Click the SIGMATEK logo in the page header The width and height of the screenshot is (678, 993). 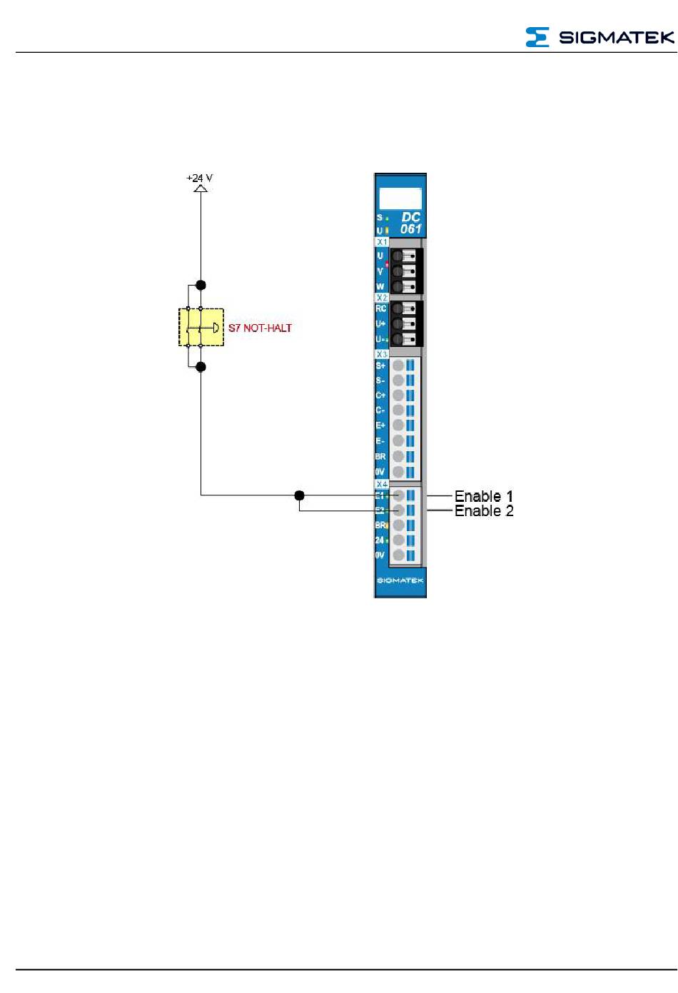click(599, 37)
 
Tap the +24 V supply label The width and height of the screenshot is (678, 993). click(199, 178)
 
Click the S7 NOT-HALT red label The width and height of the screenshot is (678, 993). click(260, 328)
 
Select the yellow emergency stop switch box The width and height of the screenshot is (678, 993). click(201, 328)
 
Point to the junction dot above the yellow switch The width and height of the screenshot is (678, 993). click(201, 285)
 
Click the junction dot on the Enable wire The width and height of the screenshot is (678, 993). click(299, 495)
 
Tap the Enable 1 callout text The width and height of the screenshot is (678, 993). click(484, 496)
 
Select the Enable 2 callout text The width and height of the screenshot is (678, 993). click(484, 511)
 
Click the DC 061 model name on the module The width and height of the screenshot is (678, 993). click(410, 223)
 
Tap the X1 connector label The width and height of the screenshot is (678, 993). click(382, 242)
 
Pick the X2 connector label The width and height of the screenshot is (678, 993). click(382, 298)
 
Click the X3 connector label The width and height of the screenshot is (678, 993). click(382, 354)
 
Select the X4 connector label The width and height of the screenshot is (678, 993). click(382, 484)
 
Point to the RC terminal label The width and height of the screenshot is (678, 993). click(380, 309)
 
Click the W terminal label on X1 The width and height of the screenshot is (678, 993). click(380, 287)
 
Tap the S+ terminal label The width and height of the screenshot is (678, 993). click(380, 366)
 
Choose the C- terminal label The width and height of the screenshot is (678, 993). click(380, 410)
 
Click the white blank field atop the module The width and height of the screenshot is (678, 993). click(400, 198)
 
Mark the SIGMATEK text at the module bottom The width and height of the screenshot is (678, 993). click(400, 581)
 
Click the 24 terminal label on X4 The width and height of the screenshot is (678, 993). click(380, 540)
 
